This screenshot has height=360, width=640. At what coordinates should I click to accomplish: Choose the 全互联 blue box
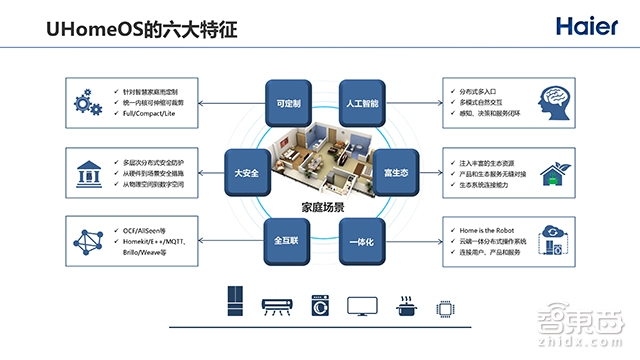[x=288, y=242]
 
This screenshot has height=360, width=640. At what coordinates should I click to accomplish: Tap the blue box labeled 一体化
[x=362, y=242]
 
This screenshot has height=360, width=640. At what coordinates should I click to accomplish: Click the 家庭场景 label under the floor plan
[x=324, y=208]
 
